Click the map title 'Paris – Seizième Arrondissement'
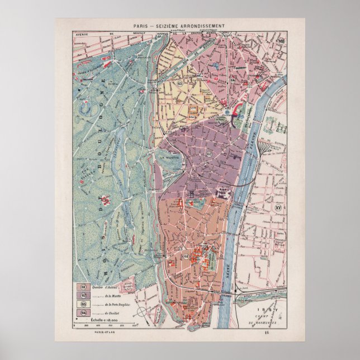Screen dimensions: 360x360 179,26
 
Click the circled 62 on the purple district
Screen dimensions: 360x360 209,153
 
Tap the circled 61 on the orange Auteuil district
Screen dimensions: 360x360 186,255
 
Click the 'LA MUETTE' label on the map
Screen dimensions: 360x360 169,157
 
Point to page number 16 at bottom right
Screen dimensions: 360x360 282,333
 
